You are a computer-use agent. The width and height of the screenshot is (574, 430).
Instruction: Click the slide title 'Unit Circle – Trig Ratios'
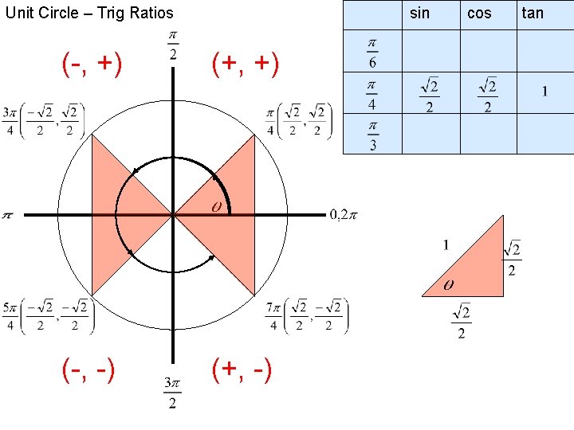click(89, 13)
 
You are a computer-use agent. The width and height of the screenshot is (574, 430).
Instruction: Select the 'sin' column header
click(419, 13)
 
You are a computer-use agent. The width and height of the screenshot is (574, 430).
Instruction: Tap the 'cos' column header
click(479, 13)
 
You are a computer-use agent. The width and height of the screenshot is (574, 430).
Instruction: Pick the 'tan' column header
click(533, 13)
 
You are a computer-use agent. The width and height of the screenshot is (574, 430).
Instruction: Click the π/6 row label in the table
click(372, 51)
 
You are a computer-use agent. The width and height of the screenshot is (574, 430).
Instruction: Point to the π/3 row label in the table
click(372, 135)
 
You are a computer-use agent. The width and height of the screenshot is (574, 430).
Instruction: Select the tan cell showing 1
click(545, 92)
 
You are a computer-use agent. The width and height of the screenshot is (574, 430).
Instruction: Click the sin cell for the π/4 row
click(431, 94)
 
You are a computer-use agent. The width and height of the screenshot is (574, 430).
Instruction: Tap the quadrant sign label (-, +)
click(92, 65)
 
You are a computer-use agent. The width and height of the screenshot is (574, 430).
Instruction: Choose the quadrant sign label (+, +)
click(245, 65)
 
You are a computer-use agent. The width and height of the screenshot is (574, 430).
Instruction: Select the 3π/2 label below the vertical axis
click(173, 393)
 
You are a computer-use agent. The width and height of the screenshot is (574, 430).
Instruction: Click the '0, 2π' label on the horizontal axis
click(344, 214)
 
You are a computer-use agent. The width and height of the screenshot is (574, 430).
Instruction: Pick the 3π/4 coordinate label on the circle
click(44, 120)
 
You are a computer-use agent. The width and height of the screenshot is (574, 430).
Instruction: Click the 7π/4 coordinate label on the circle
click(308, 315)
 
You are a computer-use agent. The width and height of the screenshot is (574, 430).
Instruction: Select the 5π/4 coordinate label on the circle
click(49, 315)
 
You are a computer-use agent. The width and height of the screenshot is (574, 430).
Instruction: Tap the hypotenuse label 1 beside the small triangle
click(446, 244)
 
